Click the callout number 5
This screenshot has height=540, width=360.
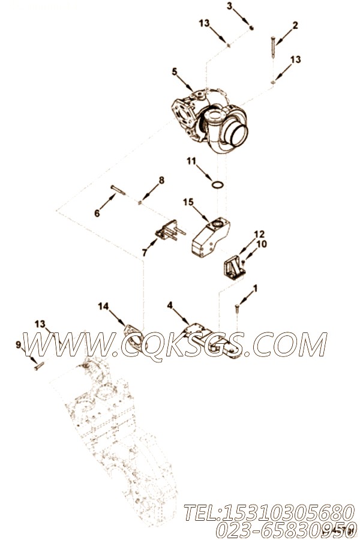click(x=174, y=72)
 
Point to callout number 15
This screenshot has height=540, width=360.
click(x=188, y=203)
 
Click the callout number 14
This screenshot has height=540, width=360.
click(x=104, y=307)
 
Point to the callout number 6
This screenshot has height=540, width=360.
click(x=98, y=213)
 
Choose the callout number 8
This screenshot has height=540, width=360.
click(x=161, y=181)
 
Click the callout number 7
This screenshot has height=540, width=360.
click(x=144, y=253)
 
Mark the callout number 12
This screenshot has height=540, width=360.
click(x=259, y=234)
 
